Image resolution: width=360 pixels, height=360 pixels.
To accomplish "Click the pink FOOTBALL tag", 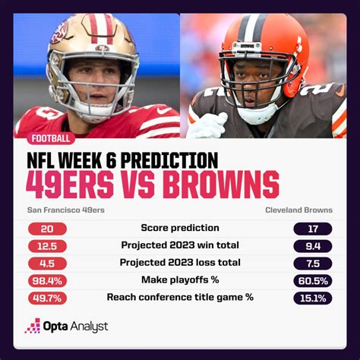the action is tap(51, 138).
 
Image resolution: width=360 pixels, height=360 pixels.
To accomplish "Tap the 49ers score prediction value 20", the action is tap(47, 229).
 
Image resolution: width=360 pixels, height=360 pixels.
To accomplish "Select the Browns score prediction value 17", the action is tap(313, 229).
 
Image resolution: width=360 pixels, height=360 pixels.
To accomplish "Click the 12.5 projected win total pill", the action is tap(47, 246).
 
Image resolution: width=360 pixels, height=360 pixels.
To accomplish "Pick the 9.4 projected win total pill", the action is tap(313, 246).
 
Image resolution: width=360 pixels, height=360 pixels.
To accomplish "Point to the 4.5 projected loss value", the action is tap(47, 264).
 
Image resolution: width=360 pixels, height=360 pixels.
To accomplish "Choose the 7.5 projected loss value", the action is tap(313, 264).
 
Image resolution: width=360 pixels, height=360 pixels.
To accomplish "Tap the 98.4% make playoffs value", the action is tap(47, 281).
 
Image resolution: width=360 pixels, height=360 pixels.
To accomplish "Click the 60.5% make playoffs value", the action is tap(313, 281).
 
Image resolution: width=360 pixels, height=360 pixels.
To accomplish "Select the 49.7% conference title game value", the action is tap(47, 298).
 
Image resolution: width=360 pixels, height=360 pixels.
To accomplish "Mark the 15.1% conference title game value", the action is tap(313, 298).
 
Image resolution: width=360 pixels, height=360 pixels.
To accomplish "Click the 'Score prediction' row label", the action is tap(180, 228).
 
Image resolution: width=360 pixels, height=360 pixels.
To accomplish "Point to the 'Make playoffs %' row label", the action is tap(180, 279).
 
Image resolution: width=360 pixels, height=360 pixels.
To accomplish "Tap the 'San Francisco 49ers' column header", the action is tap(66, 210).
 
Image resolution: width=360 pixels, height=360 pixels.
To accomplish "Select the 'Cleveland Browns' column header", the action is tap(299, 210).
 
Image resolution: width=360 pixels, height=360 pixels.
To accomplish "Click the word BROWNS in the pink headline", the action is tap(221, 185).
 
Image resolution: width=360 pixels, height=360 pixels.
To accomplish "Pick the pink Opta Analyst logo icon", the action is tap(33, 326).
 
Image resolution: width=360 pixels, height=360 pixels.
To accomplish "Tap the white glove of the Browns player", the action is tap(208, 125).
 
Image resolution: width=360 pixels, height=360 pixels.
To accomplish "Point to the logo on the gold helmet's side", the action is tap(60, 33).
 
